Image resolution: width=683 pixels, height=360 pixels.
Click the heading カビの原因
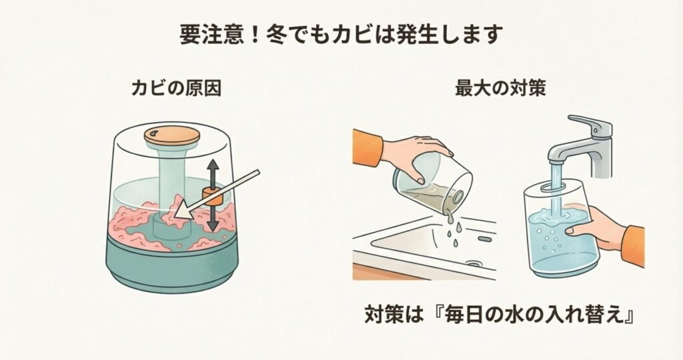176,89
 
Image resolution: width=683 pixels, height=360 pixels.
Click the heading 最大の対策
500,89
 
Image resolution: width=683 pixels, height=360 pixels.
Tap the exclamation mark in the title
258,35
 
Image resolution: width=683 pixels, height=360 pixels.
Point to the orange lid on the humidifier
172,135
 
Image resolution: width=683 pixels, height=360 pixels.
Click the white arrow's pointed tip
175,215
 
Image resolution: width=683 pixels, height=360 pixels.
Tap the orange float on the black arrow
212,197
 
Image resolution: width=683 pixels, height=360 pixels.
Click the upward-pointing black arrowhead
212,165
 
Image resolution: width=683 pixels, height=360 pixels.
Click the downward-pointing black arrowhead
212,225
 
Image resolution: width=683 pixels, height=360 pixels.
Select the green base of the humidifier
173,268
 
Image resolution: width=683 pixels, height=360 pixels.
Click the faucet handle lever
590,123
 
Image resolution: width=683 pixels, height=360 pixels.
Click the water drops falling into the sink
453,230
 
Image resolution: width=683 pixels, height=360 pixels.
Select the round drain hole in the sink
474,263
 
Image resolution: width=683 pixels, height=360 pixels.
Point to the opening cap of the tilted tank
457,197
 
